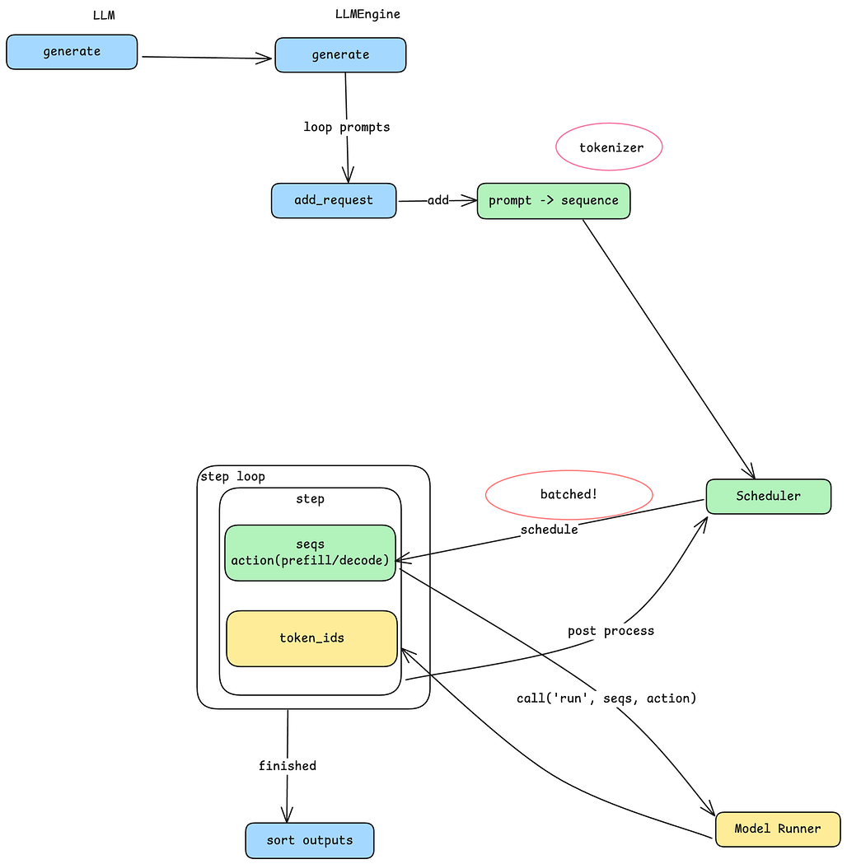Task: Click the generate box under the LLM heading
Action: tap(72, 52)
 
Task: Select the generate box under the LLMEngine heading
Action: tap(340, 55)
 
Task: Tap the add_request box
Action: tap(334, 200)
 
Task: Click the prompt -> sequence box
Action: tap(553, 201)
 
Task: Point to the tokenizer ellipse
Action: tap(610, 147)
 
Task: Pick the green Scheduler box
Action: tap(768, 496)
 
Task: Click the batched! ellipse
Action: tap(569, 494)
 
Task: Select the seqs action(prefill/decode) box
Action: tap(311, 553)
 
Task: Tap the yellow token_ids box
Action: tap(311, 638)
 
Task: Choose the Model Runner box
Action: tap(777, 829)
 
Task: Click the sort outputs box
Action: tap(310, 840)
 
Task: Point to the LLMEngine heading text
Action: tap(367, 14)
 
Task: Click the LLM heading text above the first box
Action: tap(104, 15)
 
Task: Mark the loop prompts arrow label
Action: tap(346, 127)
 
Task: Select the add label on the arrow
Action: tap(438, 200)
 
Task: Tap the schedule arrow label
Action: tap(549, 530)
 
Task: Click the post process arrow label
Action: tap(611, 631)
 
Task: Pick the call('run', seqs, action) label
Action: tap(606, 698)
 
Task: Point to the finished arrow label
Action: tap(287, 766)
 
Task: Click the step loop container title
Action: tap(232, 477)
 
